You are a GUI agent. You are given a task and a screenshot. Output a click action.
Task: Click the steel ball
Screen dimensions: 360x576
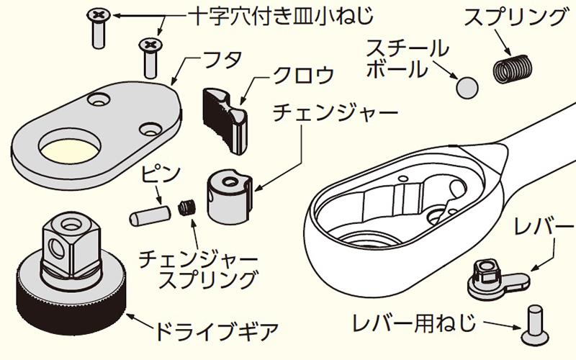[x=467, y=88]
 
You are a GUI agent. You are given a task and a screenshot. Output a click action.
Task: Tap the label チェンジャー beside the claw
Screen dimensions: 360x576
[x=336, y=114]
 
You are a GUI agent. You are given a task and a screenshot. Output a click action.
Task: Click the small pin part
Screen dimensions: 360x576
[x=147, y=215]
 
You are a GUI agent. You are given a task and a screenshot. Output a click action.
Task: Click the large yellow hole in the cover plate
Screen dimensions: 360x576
[x=71, y=150]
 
